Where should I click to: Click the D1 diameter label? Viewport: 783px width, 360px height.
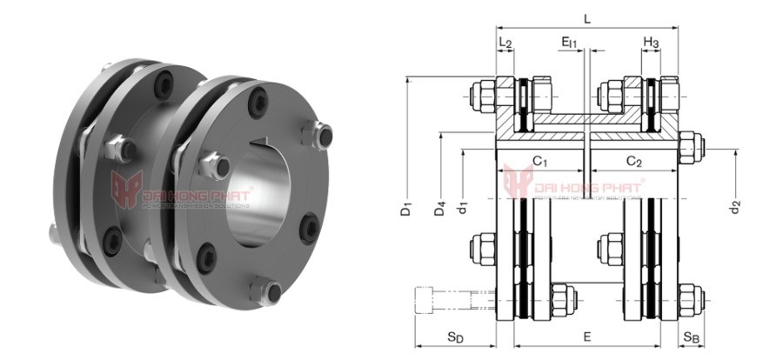(406, 210)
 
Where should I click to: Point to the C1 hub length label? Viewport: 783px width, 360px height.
(539, 162)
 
